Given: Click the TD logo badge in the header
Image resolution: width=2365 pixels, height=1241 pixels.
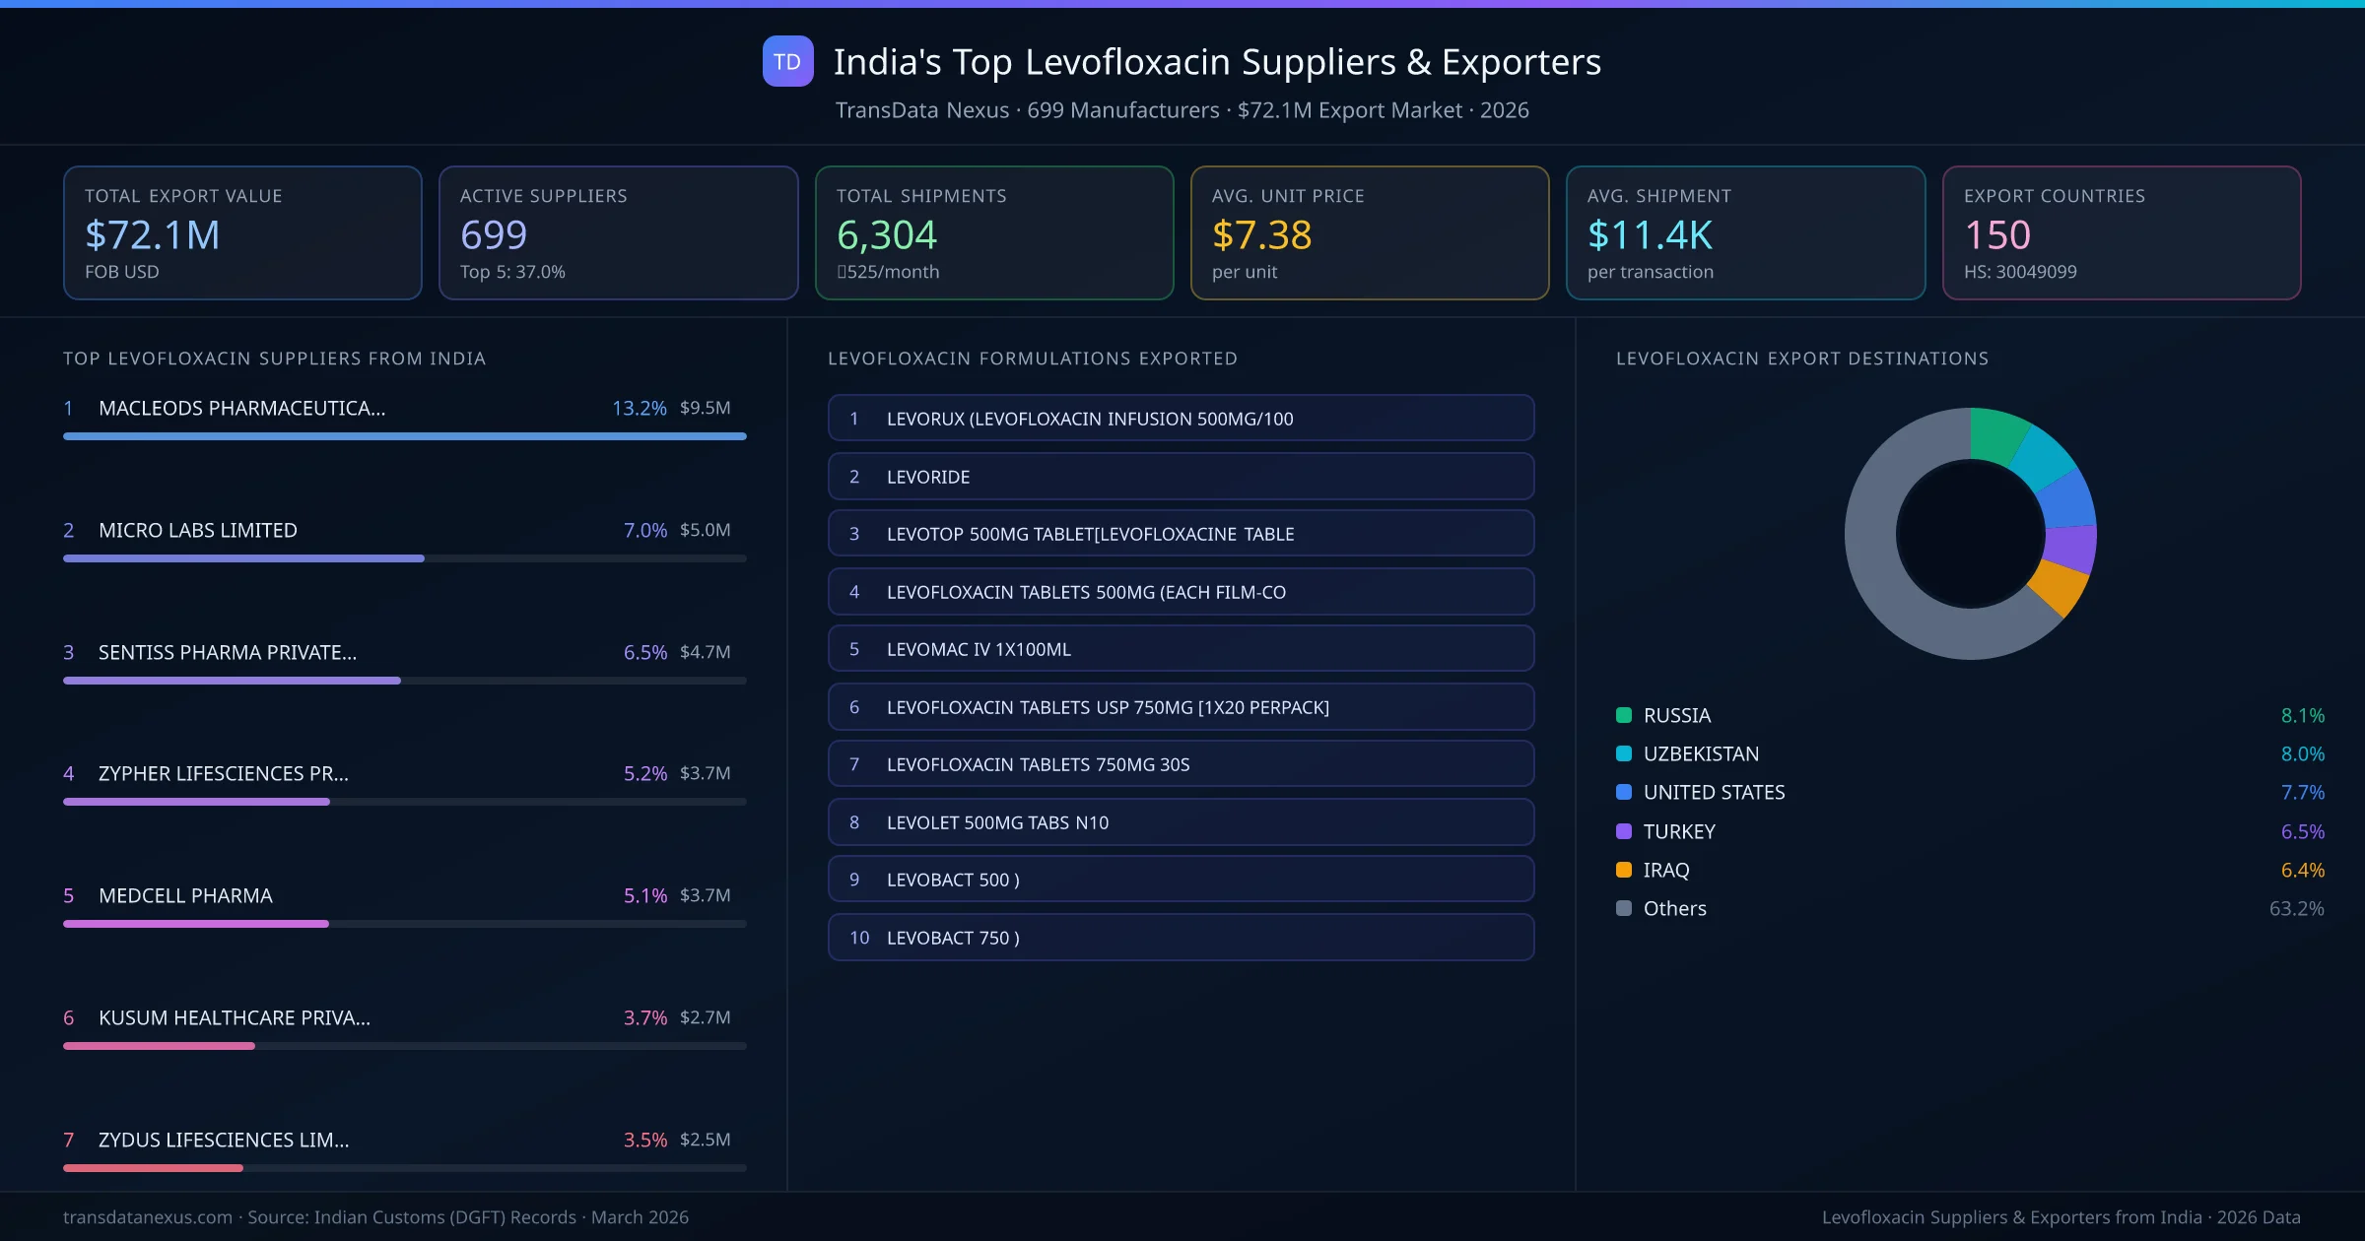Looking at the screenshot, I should (x=787, y=61).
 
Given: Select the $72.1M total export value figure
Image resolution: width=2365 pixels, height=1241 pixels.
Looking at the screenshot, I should (x=153, y=235).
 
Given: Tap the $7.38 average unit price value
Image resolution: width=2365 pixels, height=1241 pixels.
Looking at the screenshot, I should (x=1261, y=235).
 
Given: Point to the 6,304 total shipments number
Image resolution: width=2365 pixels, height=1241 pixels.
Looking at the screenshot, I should (x=886, y=235).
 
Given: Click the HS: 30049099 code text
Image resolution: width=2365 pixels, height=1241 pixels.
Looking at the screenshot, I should (x=2019, y=272).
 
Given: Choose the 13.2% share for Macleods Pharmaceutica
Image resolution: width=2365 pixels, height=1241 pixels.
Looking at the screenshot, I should (x=639, y=408).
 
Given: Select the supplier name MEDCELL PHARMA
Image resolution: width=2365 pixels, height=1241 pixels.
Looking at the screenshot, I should (x=185, y=895).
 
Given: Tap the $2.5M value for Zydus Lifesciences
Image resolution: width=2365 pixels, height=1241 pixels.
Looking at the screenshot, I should (x=705, y=1140).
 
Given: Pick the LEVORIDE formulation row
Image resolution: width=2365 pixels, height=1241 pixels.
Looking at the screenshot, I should (x=1181, y=477).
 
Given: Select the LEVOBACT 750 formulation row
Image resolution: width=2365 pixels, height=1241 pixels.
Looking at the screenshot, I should (x=1181, y=938).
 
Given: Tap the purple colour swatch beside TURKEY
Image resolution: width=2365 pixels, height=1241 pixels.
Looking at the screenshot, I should (x=1624, y=831).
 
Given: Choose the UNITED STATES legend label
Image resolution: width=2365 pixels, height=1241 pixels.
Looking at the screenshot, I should (x=1714, y=793).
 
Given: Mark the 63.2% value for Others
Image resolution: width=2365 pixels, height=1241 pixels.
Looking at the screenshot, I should (x=2296, y=909).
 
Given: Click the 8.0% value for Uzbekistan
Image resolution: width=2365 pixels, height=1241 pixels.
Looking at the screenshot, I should (x=2302, y=754).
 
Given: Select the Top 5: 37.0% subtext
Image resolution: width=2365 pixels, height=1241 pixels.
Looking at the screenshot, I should (x=512, y=272).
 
